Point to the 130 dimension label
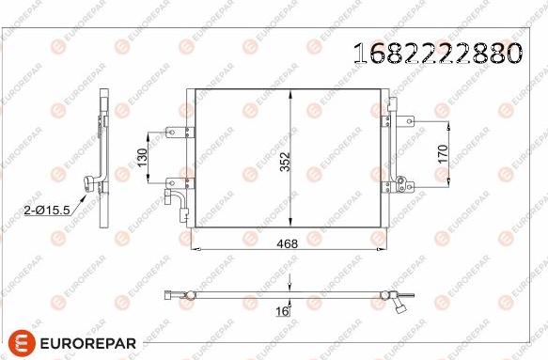point(143,158)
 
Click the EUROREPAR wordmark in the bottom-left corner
point(88,344)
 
